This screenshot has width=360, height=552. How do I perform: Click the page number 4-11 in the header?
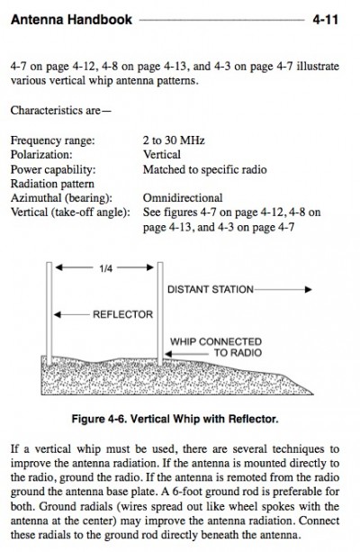point(325,20)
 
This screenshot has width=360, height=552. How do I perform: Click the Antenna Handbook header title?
point(71,20)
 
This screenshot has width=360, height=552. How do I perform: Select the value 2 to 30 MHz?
point(174,140)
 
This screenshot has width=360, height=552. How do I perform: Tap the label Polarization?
point(41,155)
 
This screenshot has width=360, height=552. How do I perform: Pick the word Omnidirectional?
point(183,198)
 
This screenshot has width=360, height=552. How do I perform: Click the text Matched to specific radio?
point(205,169)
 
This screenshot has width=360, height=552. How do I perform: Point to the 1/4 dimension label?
point(106,268)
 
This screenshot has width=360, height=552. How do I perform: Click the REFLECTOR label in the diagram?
point(122,314)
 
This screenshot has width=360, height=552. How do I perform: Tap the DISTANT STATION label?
point(211,289)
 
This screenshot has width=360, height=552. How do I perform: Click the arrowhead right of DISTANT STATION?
point(309,289)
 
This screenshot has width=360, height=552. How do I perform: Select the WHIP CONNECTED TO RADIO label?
point(216,347)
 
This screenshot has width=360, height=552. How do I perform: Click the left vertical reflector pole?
point(49,313)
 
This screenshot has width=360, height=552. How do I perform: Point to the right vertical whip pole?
point(160,313)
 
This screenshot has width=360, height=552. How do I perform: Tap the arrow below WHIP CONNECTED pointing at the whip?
point(187,354)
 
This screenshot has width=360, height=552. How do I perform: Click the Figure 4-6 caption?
point(175,419)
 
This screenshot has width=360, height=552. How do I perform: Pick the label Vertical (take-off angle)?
point(70,213)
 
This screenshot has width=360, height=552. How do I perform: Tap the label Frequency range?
point(53,140)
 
